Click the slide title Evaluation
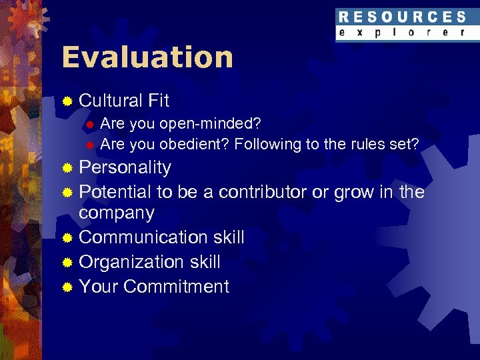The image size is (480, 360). (147, 57)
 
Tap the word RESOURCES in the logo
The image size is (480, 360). (402, 17)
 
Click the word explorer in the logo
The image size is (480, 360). (402, 32)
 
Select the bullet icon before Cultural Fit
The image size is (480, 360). (67, 101)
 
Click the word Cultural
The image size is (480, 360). (111, 101)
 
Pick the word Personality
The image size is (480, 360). (125, 167)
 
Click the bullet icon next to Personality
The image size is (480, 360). (67, 168)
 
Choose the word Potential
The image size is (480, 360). (115, 192)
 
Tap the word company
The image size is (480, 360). (117, 213)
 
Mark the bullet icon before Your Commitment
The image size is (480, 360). (67, 287)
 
